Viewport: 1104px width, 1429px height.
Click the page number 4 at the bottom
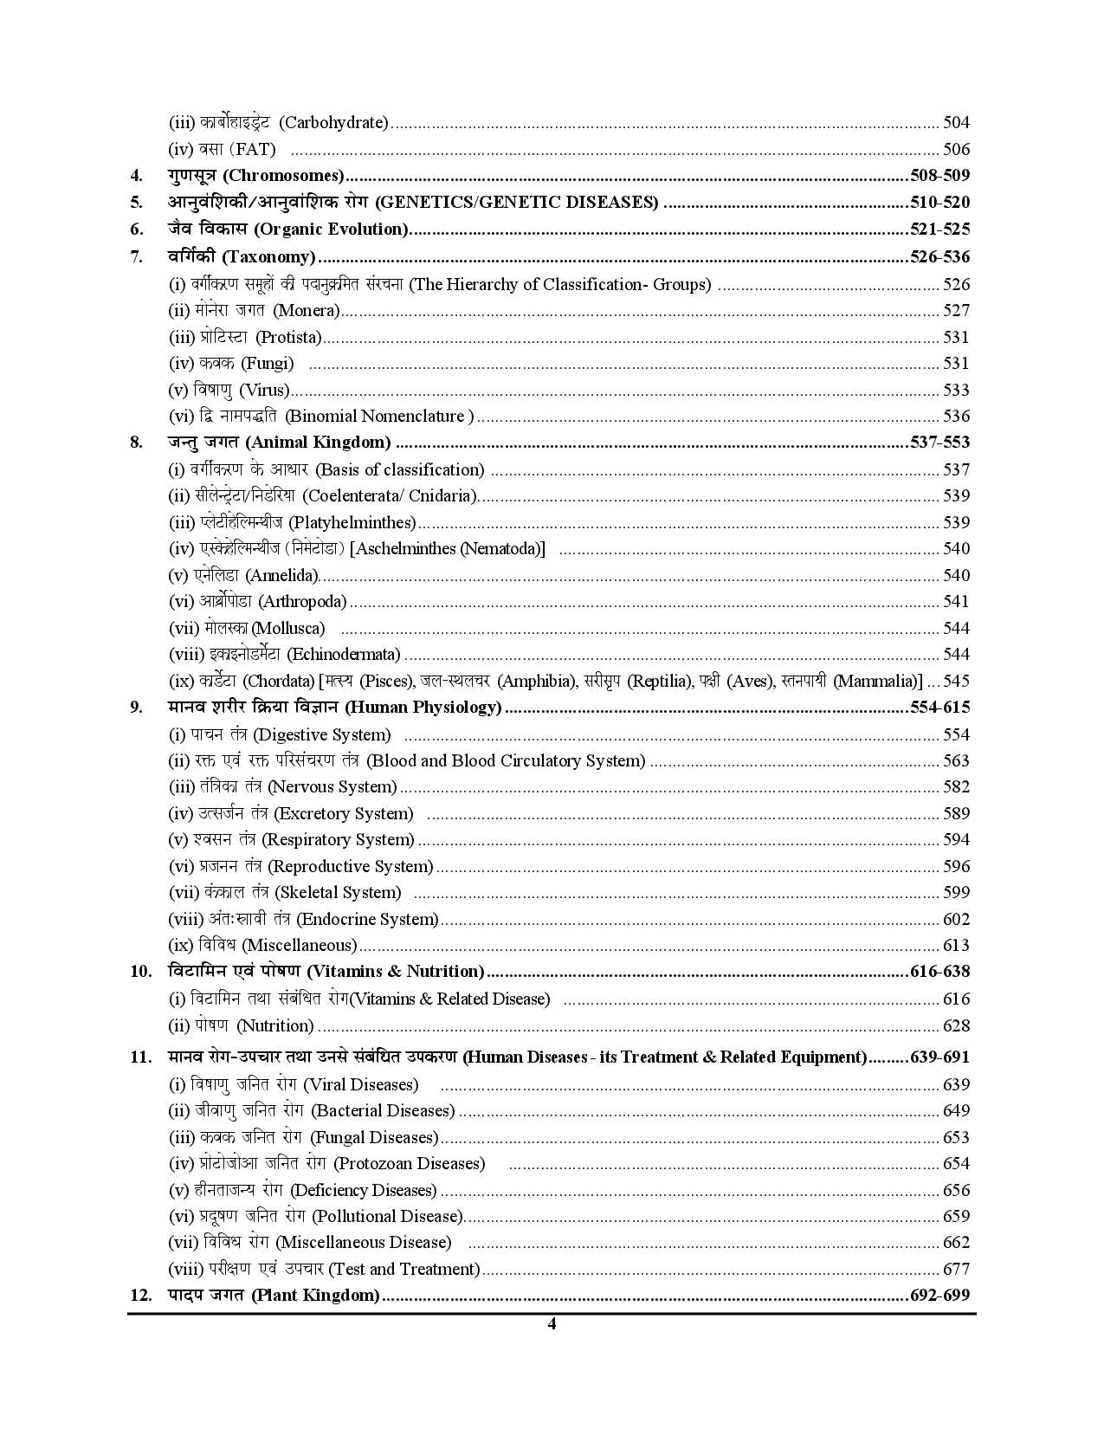(552, 1323)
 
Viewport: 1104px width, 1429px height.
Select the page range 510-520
(939, 203)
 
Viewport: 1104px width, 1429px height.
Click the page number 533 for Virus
(956, 391)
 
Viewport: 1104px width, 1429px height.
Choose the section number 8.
(137, 443)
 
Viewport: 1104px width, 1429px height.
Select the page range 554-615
(939, 708)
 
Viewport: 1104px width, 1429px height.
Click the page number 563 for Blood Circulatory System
(956, 761)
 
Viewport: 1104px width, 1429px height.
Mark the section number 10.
(141, 972)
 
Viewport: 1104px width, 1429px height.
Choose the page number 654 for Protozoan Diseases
(956, 1164)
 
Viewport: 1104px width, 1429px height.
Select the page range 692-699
(939, 1296)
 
